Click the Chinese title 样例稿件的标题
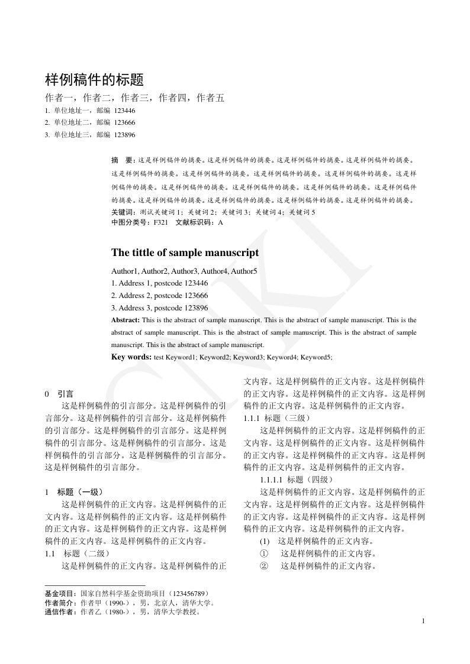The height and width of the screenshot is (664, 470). pos(95,79)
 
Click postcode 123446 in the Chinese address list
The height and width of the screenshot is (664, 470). pos(124,111)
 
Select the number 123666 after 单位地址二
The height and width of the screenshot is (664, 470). pos(124,123)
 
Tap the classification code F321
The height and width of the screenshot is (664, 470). pos(160,223)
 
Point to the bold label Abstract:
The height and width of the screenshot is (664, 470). pos(126,320)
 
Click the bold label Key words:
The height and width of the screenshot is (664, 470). pos(131,357)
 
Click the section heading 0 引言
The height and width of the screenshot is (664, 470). pos(59,394)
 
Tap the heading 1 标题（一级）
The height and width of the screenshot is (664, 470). pos(74,492)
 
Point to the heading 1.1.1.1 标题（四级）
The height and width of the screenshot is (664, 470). pos(297,480)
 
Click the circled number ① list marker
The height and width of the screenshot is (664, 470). pos(265,553)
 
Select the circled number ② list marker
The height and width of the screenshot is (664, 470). pos(265,566)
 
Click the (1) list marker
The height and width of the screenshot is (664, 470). pos(265,541)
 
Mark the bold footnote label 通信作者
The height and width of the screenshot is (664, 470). pos(60,612)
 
